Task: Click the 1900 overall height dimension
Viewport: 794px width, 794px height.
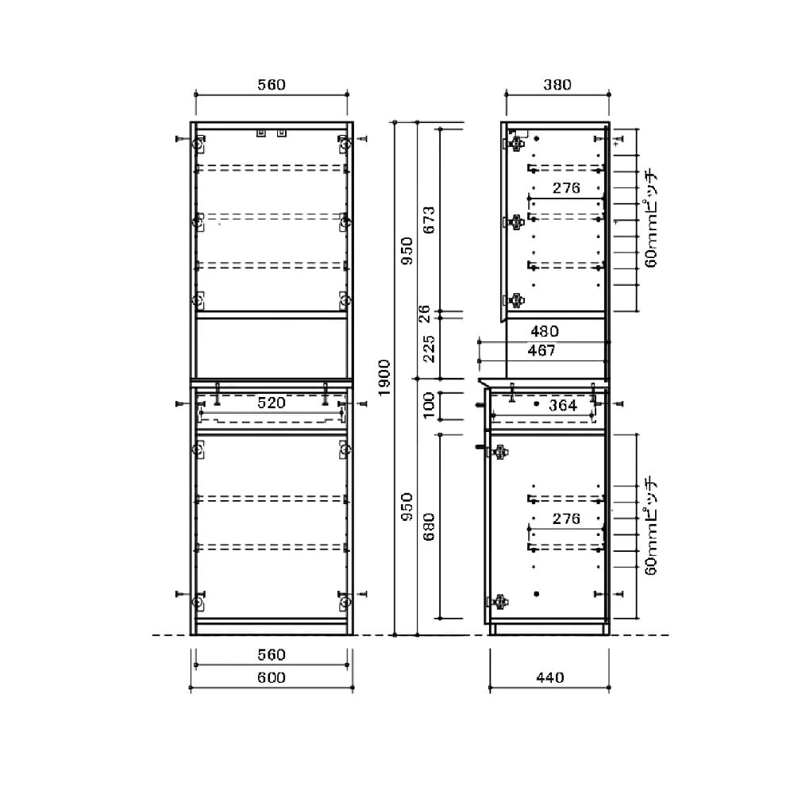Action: pos(384,378)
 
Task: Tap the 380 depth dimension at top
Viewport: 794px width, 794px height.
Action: pos(557,85)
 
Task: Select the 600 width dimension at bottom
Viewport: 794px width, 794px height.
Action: pos(272,677)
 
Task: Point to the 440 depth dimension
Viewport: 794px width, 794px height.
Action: pos(550,677)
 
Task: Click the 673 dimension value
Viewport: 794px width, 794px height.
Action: pos(429,220)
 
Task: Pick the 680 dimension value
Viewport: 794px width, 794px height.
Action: pos(429,526)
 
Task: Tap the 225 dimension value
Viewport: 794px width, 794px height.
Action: pos(429,349)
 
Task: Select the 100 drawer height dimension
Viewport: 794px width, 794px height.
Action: pos(429,405)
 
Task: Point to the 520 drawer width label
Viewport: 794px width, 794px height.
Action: pos(272,403)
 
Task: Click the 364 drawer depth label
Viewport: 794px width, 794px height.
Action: pos(563,405)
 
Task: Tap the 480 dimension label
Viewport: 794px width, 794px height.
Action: pos(545,331)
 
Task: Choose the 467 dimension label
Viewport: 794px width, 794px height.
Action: pos(542,350)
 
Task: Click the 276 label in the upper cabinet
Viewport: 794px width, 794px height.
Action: pos(566,188)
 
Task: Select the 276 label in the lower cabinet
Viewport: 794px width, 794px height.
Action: pos(566,518)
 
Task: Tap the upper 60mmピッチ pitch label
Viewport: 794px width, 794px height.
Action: pos(650,219)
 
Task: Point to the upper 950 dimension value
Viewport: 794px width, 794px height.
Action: pos(407,251)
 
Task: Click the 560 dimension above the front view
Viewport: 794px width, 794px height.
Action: pos(272,85)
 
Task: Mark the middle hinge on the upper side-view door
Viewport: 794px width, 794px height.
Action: pos(515,222)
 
